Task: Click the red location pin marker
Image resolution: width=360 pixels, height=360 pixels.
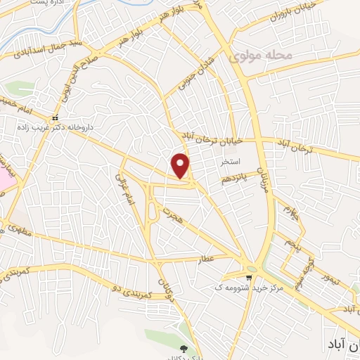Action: coord(181,166)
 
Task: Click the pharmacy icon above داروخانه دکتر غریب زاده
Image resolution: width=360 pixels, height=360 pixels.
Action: coord(55,117)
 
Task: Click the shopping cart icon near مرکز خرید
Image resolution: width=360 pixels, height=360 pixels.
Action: coord(247,277)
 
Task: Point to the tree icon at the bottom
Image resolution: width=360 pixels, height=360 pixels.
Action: coord(184,348)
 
